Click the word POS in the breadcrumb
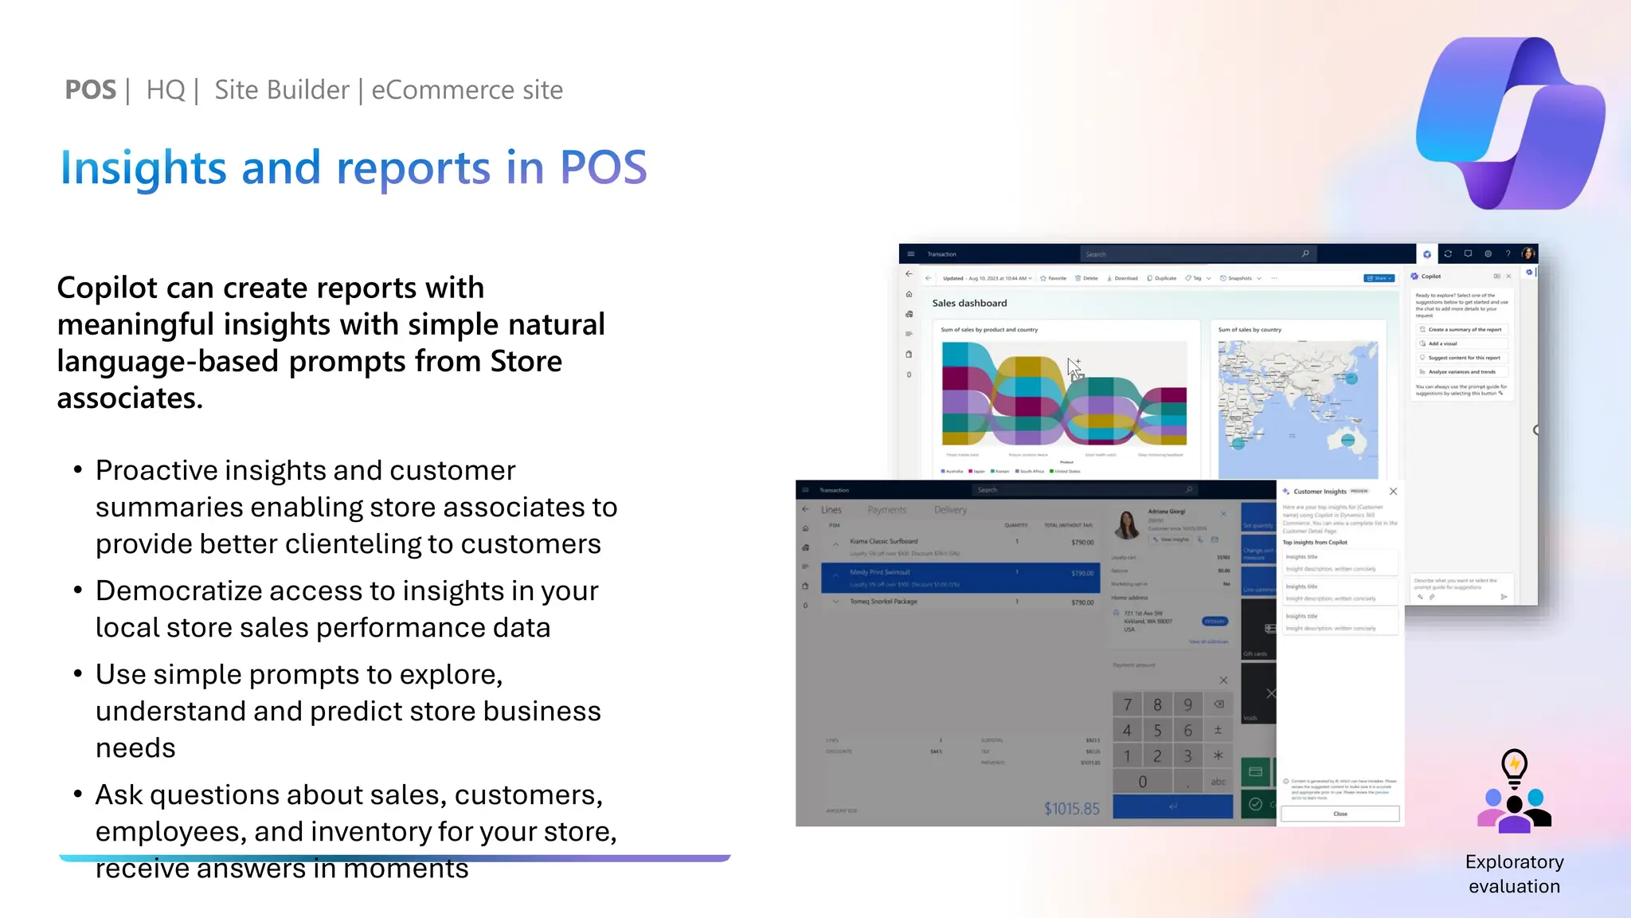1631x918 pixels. point(90,90)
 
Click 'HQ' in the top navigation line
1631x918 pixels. point(165,90)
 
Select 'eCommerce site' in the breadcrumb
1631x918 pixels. point(467,90)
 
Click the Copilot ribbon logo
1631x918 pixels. point(1508,124)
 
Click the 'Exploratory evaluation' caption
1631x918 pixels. point(1514,874)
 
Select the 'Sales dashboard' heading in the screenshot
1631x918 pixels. point(969,303)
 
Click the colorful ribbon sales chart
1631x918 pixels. point(1064,393)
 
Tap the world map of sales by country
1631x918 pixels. point(1297,409)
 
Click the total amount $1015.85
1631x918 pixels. point(1071,809)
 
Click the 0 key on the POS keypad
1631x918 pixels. point(1142,782)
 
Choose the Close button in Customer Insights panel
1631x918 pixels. point(1340,814)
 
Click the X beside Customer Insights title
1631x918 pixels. point(1393,491)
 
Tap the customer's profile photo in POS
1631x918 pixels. point(1127,524)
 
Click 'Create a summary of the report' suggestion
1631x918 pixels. point(1463,329)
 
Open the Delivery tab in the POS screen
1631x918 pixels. point(950,510)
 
